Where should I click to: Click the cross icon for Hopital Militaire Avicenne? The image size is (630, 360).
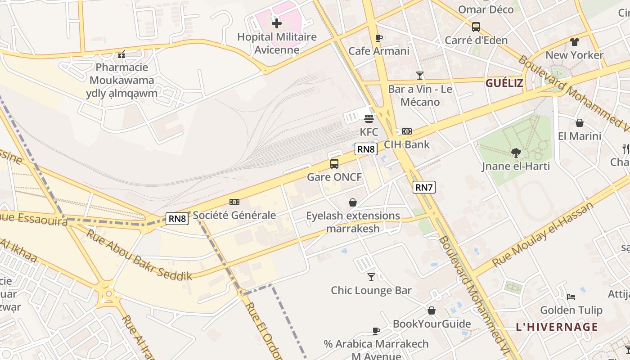[x=277, y=23]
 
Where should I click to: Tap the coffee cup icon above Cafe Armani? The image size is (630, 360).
[x=378, y=38]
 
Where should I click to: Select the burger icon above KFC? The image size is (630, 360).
[x=369, y=119]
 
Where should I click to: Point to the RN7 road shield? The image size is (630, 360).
[x=424, y=187]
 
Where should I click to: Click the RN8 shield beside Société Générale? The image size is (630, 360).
[x=177, y=219]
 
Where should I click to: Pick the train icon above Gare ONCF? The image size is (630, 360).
[x=334, y=164]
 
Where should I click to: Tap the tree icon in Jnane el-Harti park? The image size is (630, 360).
[x=516, y=153]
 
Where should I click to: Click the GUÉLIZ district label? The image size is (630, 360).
[x=504, y=83]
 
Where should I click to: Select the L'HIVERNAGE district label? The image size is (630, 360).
[x=557, y=327]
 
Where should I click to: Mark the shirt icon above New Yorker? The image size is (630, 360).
[x=575, y=42]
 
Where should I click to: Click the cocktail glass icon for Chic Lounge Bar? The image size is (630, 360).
[x=371, y=277]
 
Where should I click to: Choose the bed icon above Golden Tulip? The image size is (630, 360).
[x=571, y=297]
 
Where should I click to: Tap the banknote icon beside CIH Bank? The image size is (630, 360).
[x=407, y=131]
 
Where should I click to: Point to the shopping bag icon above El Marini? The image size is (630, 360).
[x=580, y=122]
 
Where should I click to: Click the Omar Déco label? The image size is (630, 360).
[x=486, y=9]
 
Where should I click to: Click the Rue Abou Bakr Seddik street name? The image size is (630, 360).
[x=139, y=255]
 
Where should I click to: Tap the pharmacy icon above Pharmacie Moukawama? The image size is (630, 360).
[x=121, y=54]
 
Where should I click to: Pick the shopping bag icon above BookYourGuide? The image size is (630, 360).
[x=432, y=310]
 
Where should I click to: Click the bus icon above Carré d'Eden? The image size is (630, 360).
[x=476, y=27]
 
